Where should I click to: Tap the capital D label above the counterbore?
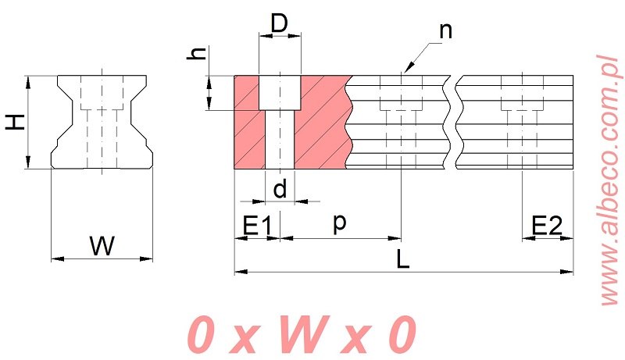click(x=280, y=23)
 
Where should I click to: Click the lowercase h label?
click(x=200, y=55)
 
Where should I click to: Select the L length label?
click(x=403, y=259)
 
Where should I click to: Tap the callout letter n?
click(x=445, y=31)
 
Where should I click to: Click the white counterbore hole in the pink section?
click(x=280, y=92)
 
